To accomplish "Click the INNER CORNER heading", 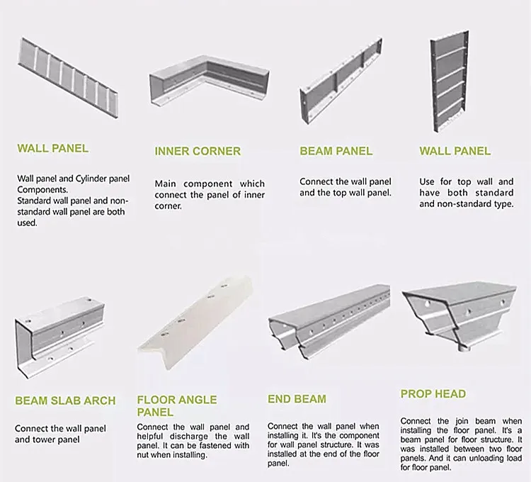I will tap(198, 151).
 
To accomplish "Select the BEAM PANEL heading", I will tap(336, 151).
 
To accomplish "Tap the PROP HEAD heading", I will tap(433, 393).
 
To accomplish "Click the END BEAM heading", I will tap(297, 399).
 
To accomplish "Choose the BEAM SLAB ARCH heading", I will tap(65, 400).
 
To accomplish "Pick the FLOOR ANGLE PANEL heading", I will tap(177, 405).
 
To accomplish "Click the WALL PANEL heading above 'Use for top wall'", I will tap(455, 151).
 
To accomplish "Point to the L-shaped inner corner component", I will tap(209, 82).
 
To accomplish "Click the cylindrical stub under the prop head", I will tap(464, 347).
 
